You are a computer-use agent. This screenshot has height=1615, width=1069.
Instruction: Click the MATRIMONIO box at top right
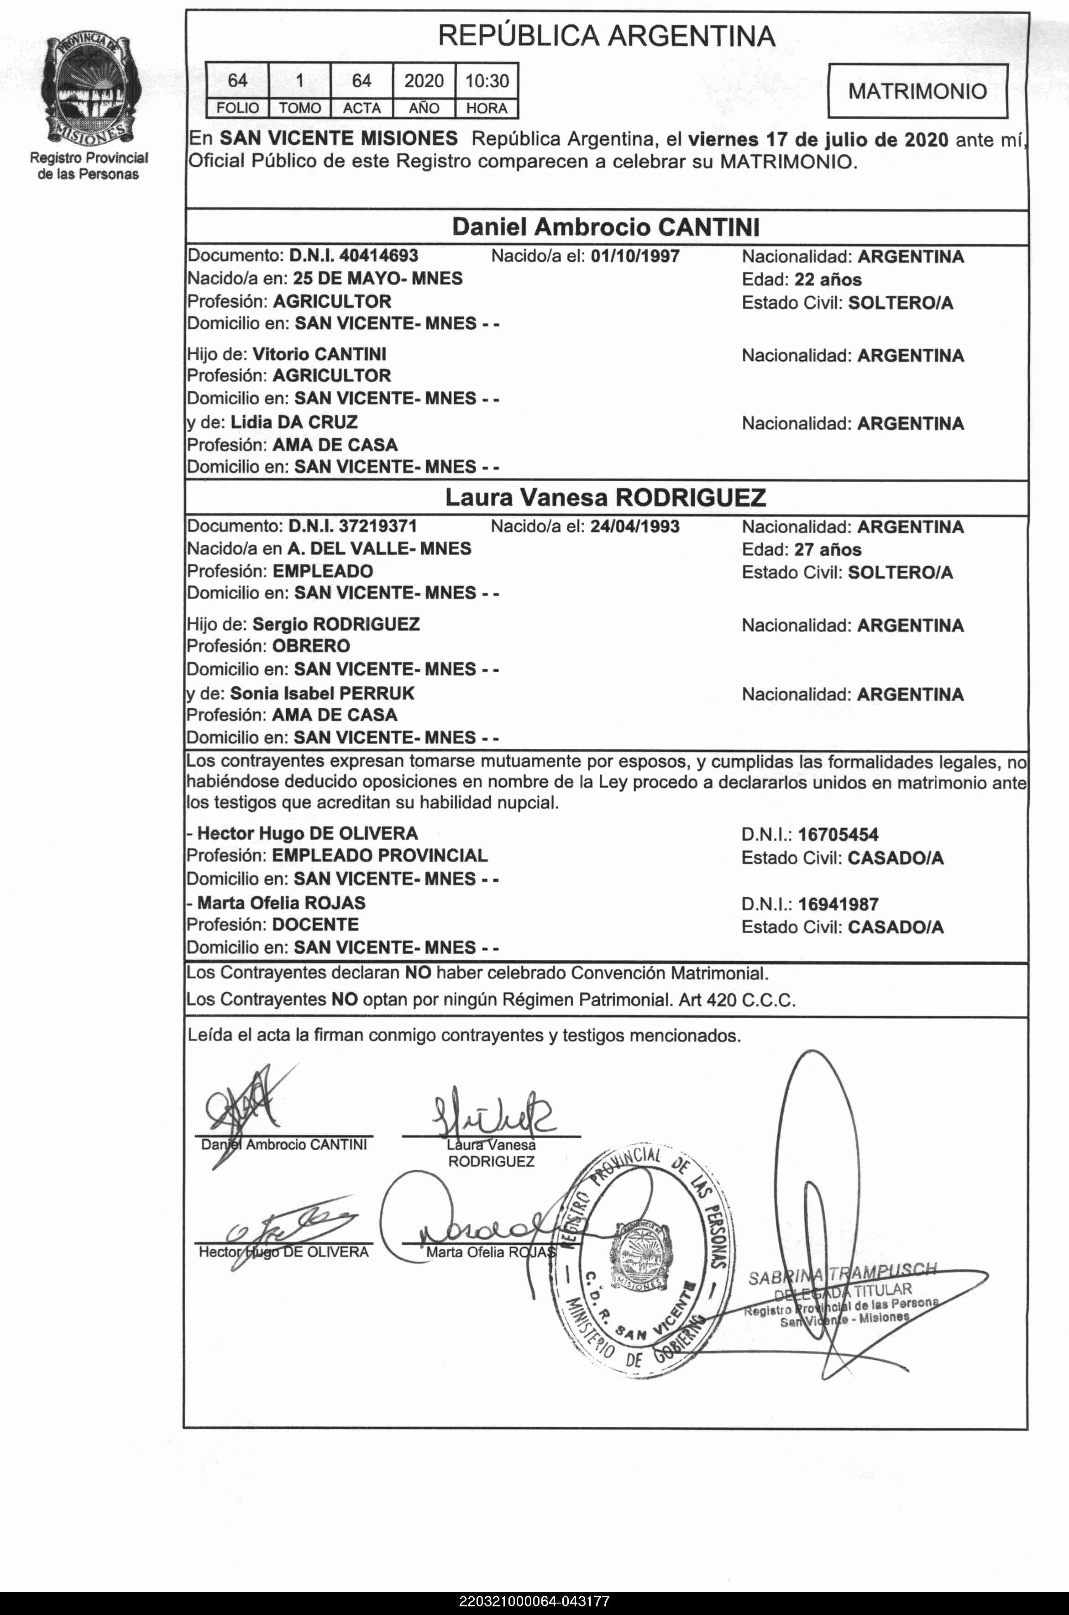click(917, 91)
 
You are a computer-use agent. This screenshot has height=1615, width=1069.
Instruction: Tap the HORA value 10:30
click(487, 81)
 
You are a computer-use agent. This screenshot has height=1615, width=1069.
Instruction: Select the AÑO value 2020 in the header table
click(424, 81)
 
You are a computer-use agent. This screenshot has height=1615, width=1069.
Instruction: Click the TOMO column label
click(299, 108)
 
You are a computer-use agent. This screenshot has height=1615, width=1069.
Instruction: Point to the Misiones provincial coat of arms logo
click(89, 89)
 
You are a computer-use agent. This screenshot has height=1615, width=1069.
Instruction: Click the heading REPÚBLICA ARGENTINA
click(606, 36)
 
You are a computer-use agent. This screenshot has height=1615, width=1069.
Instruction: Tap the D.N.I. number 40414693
click(378, 256)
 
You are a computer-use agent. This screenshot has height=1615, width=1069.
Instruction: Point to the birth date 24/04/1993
click(635, 526)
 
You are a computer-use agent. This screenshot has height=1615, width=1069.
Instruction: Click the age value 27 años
click(828, 550)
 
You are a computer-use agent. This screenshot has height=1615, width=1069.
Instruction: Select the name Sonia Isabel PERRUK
click(322, 693)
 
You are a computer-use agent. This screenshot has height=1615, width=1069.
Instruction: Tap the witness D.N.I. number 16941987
click(838, 905)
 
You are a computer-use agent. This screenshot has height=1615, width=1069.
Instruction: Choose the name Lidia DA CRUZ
click(294, 422)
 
